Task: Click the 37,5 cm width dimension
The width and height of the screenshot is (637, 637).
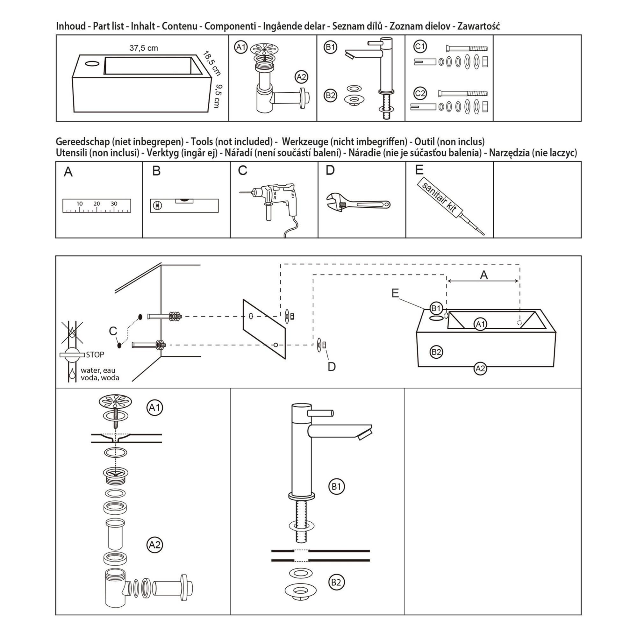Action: tap(143, 48)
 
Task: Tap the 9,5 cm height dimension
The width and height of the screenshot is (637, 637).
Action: tap(217, 96)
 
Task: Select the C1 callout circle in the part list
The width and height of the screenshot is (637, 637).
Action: tap(420, 47)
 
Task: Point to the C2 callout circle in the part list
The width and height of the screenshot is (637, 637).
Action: tap(420, 94)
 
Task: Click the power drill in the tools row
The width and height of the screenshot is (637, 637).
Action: tap(274, 201)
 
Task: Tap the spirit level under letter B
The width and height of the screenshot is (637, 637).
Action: tap(184, 205)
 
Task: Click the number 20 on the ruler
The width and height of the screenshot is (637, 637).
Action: tap(97, 204)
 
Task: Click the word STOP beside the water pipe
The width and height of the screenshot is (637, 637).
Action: tap(95, 355)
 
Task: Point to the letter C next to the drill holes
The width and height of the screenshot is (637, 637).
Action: tap(113, 331)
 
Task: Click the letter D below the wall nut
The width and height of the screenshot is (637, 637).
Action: tap(331, 367)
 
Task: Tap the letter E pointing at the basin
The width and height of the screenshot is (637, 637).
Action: tap(395, 293)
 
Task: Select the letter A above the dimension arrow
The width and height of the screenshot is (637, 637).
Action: tap(484, 275)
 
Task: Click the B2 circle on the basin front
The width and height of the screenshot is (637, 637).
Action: tap(436, 352)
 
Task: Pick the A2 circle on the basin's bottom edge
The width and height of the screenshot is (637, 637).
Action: tap(480, 368)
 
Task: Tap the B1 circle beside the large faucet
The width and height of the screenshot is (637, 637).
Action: tap(336, 486)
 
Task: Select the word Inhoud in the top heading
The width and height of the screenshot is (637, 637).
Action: tap(71, 26)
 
